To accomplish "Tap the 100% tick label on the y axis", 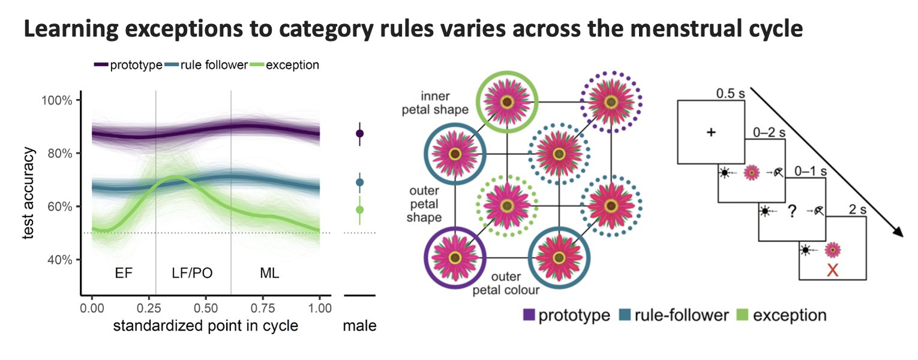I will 58,100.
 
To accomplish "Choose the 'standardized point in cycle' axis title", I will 205,326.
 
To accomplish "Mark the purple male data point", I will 359,133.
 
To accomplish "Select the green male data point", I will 359,209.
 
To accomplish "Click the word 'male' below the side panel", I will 359,326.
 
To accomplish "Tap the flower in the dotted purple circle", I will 611,103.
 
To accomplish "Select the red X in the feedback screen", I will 832,270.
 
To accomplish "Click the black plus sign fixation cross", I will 711,132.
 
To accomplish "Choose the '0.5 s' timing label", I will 730,94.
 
